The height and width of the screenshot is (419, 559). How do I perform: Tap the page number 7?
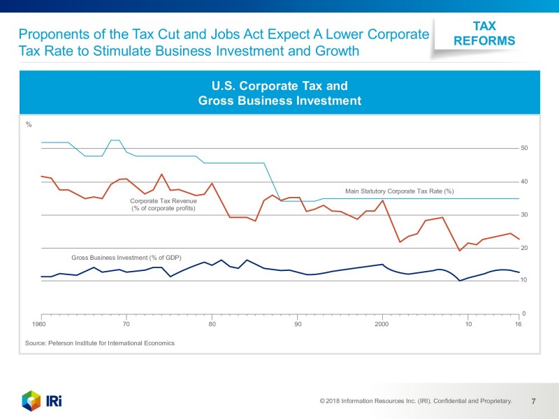(533, 401)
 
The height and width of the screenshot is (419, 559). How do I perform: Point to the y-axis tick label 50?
(524, 149)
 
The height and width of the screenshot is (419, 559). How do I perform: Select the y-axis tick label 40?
(524, 182)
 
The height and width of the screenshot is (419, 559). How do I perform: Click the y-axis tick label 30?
(524, 215)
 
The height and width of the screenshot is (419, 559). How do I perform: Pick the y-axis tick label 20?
(524, 248)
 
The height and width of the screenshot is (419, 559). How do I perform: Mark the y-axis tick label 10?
(524, 281)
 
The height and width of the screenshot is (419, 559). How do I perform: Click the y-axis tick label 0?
(524, 314)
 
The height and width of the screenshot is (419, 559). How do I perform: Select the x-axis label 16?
(518, 325)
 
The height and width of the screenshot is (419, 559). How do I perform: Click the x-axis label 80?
(212, 325)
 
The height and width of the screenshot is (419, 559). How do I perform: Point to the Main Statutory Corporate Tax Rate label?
(400, 191)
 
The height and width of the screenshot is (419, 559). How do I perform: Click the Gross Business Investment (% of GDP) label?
(126, 257)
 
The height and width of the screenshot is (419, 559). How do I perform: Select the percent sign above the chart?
(29, 125)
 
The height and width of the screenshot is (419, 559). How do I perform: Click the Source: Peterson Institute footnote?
(99, 343)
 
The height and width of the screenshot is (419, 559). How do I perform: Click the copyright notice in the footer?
(416, 401)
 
